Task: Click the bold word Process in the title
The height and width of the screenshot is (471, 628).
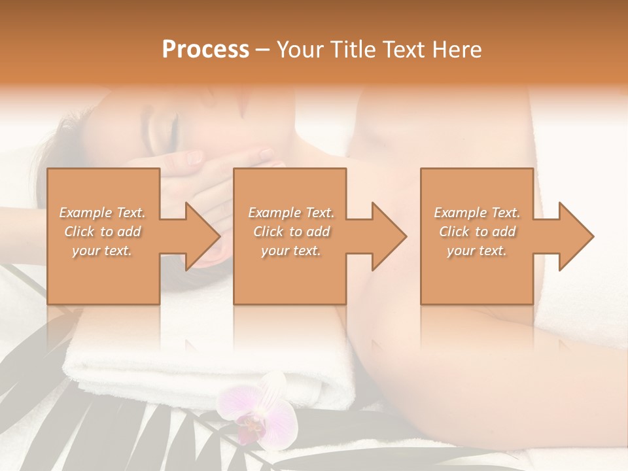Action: (205, 49)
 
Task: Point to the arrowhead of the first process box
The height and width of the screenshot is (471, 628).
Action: (203, 236)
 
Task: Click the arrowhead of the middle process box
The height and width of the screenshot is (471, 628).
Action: (390, 236)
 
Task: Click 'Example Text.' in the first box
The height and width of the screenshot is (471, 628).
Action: (102, 213)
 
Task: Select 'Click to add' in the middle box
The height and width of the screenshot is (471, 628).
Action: (291, 232)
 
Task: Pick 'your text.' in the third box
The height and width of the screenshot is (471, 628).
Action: (477, 251)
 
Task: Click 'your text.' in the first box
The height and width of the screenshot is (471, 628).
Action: (102, 251)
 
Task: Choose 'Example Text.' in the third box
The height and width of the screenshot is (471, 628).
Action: (477, 213)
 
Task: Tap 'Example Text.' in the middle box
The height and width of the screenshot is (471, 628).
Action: (291, 213)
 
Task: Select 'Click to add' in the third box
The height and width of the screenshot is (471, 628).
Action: (477, 232)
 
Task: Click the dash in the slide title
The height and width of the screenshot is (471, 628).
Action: (263, 50)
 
